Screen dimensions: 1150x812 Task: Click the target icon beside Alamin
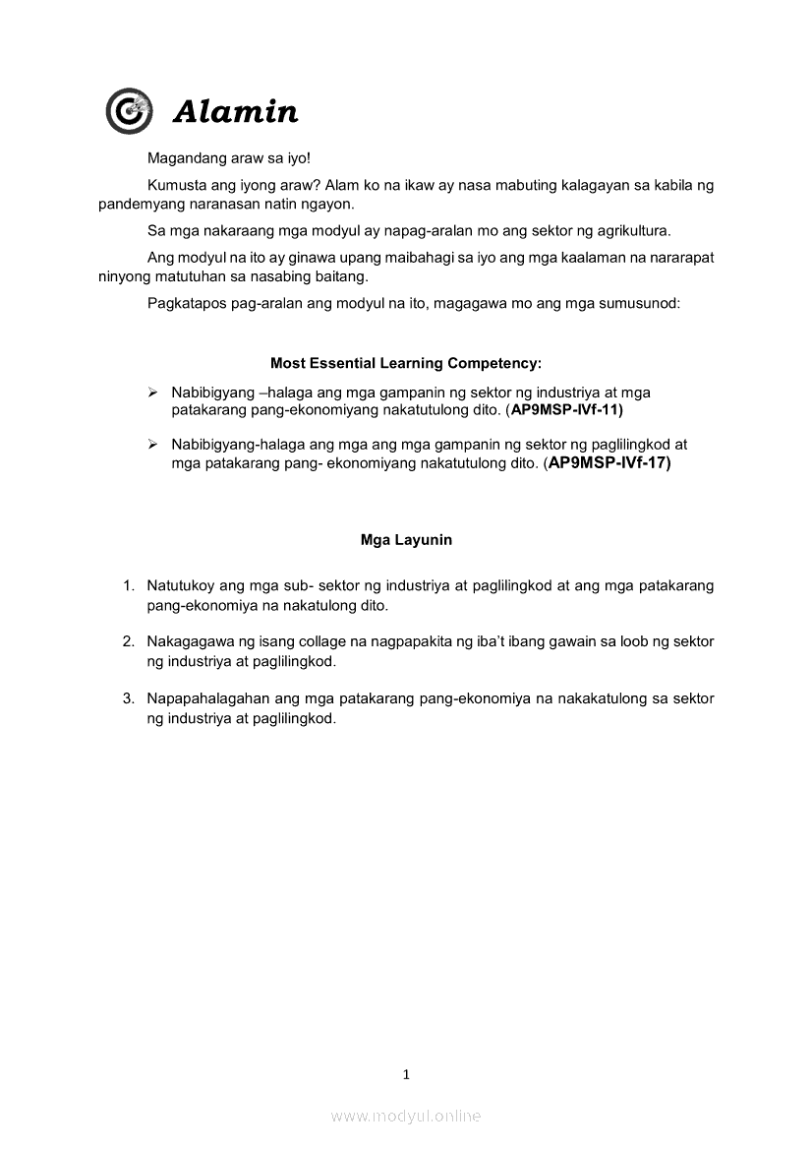[x=129, y=111]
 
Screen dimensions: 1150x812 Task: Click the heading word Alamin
[x=235, y=112]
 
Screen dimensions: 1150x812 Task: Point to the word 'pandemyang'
[x=137, y=204]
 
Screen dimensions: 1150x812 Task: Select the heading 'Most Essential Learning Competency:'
[x=406, y=363]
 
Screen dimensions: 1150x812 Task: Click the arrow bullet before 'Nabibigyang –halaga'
[x=152, y=393]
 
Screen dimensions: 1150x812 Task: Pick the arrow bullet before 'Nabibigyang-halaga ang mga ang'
[x=152, y=445]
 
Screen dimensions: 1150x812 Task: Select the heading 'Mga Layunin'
[x=406, y=540]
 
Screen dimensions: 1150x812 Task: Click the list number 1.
[x=128, y=585]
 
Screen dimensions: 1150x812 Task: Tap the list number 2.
[x=128, y=641]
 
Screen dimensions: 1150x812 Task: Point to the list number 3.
[x=128, y=698]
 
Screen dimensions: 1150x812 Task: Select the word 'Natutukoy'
[x=181, y=585]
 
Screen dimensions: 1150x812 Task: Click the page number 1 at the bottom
[x=406, y=1074]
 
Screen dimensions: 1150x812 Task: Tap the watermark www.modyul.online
[x=406, y=1116]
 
